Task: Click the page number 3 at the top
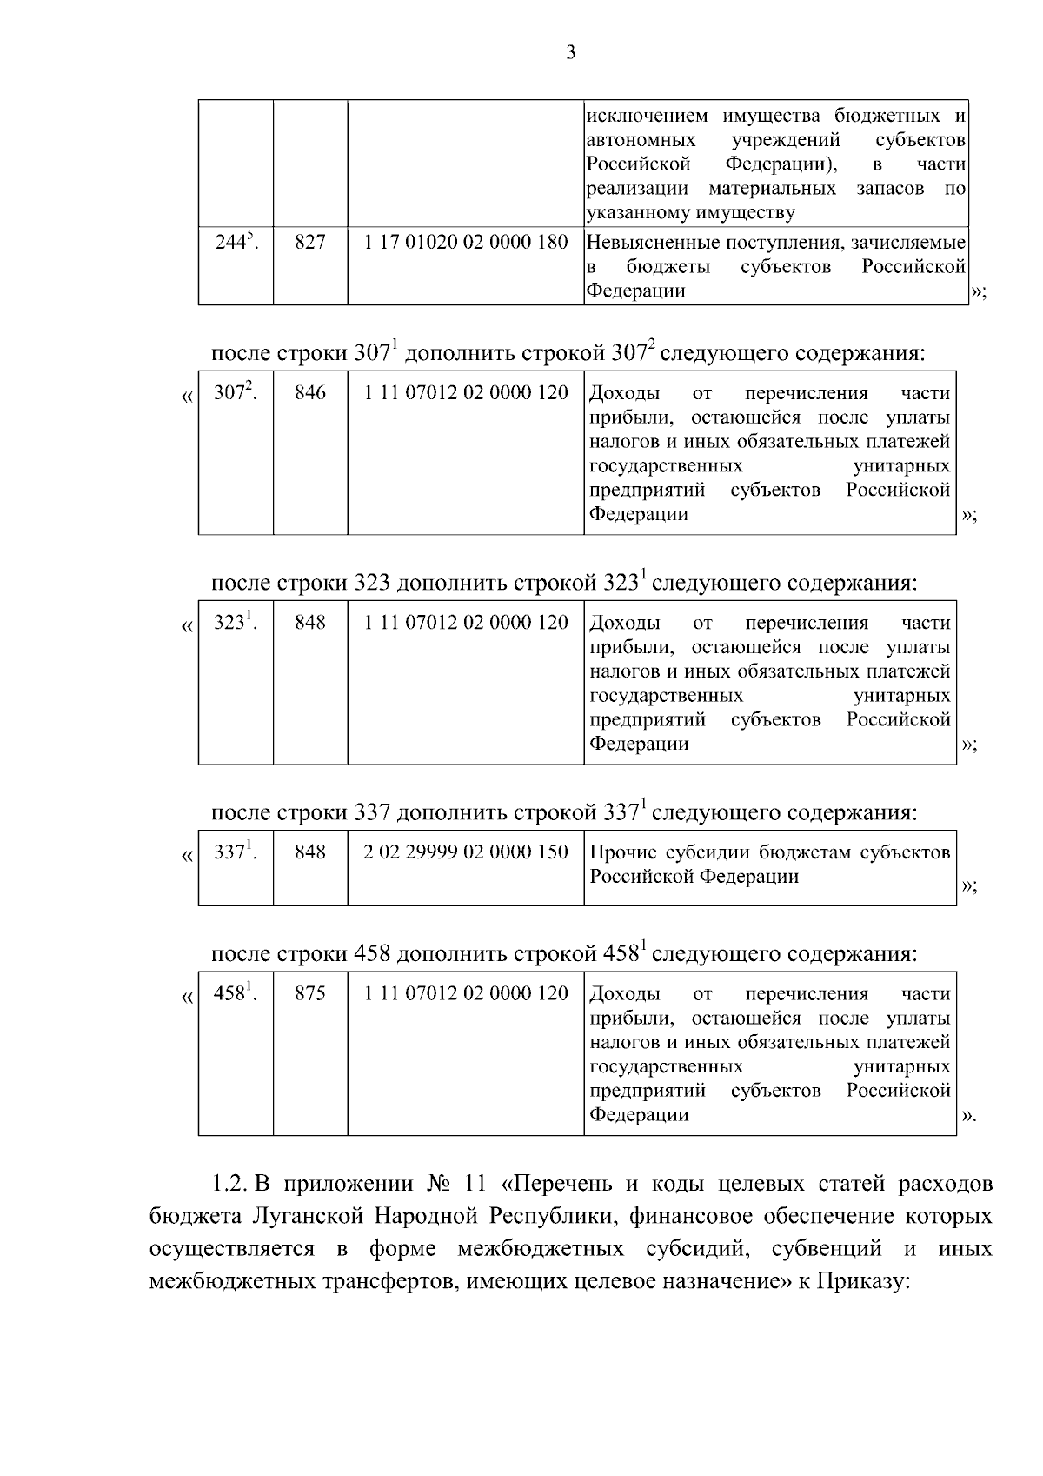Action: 570,53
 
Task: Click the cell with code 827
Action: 310,243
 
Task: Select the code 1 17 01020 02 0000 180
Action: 466,243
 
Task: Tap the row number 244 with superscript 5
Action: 234,243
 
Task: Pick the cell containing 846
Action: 310,393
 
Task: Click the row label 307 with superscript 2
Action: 234,393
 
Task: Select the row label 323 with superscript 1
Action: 234,623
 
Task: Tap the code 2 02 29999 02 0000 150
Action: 466,852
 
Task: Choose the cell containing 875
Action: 310,993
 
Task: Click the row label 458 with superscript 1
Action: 234,993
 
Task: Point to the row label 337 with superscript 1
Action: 234,852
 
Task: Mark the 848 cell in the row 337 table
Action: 310,852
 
